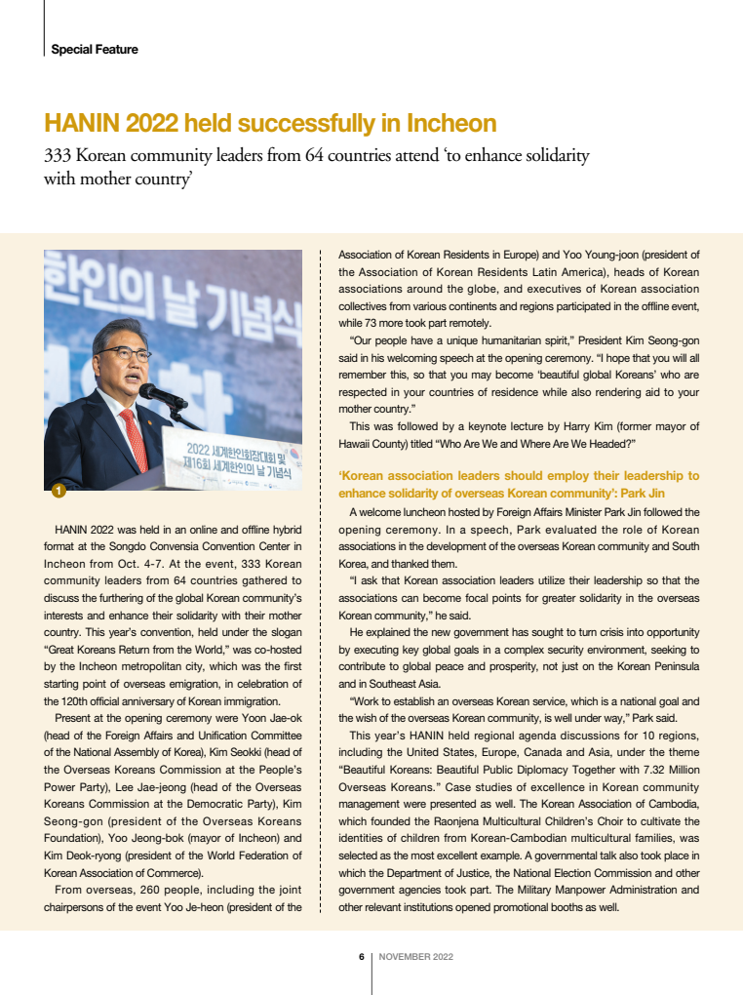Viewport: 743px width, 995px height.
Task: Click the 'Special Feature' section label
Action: point(94,50)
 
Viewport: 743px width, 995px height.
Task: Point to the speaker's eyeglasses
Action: point(123,353)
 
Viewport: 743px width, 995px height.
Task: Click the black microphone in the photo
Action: point(162,395)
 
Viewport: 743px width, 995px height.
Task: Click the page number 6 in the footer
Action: point(361,957)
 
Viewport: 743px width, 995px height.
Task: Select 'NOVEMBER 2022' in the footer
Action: point(415,957)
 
